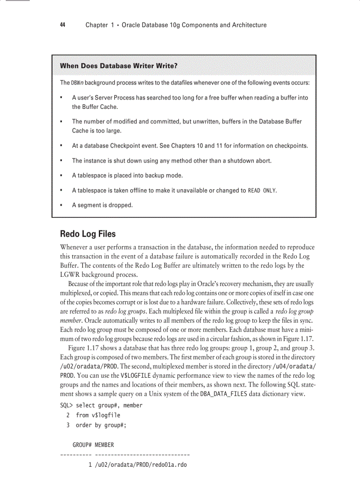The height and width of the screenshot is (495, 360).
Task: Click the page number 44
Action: (63, 25)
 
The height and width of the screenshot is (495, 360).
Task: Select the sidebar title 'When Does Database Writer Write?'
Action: (119, 66)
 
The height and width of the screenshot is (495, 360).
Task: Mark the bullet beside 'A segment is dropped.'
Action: (62, 205)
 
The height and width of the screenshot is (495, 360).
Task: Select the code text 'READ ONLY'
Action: (262, 191)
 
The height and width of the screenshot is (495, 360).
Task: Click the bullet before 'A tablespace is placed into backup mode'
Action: (62, 176)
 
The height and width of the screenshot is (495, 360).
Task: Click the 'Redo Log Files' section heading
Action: (88, 234)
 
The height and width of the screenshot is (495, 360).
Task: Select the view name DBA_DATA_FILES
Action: (224, 394)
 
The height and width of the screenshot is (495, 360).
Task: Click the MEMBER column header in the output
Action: (104, 445)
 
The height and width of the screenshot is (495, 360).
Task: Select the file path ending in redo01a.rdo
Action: (141, 465)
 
